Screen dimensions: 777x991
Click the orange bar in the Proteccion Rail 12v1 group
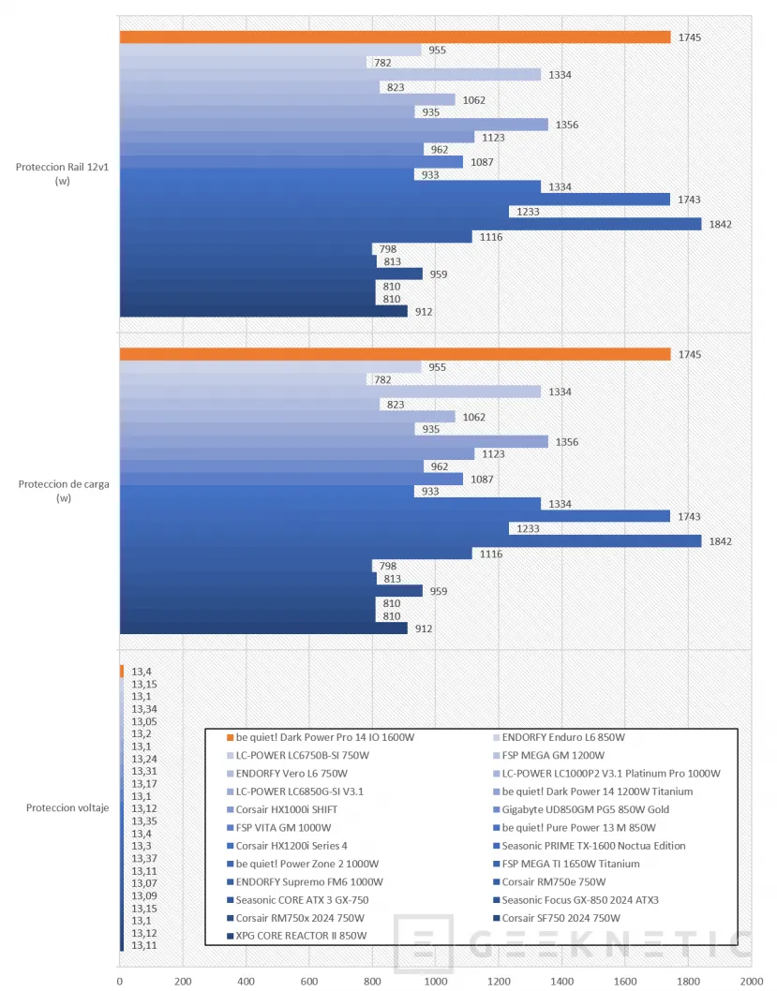tap(396, 37)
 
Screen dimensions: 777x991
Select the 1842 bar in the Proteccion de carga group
tap(411, 541)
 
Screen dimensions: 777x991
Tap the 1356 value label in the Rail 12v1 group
tap(567, 125)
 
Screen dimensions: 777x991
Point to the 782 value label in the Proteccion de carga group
tap(382, 380)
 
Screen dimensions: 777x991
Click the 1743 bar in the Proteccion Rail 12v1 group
tap(396, 200)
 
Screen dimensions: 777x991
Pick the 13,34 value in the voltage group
tap(144, 709)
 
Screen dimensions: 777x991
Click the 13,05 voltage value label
tap(144, 722)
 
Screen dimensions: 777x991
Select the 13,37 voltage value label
tap(144, 858)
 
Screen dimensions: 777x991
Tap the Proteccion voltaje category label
tap(67, 807)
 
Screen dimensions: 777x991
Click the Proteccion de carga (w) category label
tap(64, 491)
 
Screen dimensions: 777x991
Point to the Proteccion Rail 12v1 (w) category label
tap(63, 174)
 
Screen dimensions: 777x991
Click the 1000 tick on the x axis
tap(436, 981)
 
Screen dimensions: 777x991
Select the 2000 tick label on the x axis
tap(752, 981)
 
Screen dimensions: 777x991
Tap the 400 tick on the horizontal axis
tap(246, 981)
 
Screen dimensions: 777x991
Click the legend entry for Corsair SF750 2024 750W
tap(557, 918)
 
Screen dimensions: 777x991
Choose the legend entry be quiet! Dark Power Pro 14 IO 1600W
tap(321, 737)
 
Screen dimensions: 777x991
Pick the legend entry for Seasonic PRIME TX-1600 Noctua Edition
tap(590, 846)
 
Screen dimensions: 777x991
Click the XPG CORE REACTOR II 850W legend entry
tap(296, 936)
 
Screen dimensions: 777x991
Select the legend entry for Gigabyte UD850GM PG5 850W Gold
tap(581, 809)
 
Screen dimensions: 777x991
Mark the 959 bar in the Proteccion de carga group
tap(271, 590)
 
